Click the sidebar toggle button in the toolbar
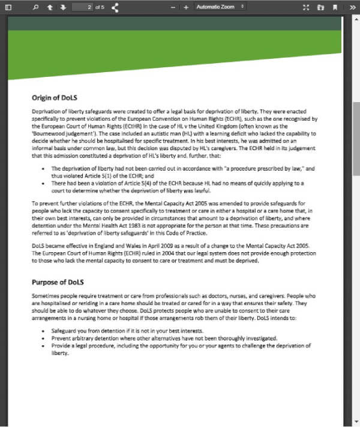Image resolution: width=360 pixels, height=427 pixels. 8,7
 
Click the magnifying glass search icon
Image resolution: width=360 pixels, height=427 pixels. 35,7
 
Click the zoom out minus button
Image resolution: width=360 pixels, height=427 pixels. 173,7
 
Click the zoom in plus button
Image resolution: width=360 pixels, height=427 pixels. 186,7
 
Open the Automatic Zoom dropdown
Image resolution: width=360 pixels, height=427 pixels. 220,7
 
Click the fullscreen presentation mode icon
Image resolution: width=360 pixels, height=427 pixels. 307,7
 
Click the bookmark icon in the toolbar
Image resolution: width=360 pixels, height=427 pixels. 335,7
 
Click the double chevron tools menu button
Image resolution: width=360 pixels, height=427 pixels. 351,7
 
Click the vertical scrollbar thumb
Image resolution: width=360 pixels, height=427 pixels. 356,138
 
